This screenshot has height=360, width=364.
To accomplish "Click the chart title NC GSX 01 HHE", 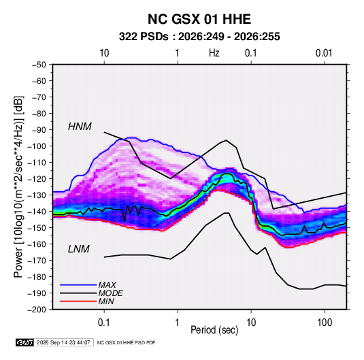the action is click(199, 19).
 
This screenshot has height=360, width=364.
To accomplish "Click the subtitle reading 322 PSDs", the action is click(144, 37).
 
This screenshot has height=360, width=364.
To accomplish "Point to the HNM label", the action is click(80, 127).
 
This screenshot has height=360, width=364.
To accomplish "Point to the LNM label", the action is click(79, 249).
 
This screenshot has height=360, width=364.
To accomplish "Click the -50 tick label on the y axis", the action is click(39, 65).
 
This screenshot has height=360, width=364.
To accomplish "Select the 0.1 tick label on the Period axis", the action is click(104, 323).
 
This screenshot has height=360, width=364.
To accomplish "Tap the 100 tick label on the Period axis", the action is click(325, 323).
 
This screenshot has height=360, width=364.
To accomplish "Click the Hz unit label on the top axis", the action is click(214, 53).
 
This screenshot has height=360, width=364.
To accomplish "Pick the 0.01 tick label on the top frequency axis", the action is click(324, 53).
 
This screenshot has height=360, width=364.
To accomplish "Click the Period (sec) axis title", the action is click(214, 330).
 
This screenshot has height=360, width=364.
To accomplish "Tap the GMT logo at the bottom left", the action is click(24, 342).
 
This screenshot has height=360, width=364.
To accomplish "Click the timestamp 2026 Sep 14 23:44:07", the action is click(63, 342).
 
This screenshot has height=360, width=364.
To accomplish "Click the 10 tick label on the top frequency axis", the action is click(104, 53).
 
